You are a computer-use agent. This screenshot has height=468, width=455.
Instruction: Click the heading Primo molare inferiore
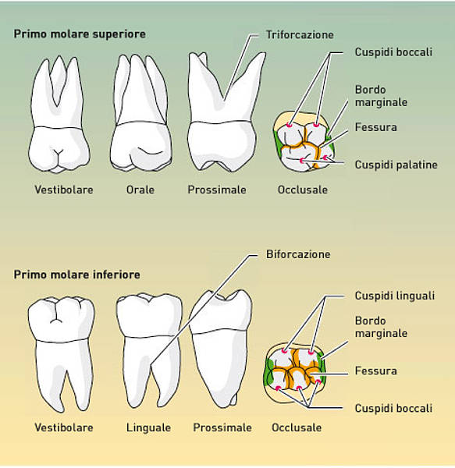76,275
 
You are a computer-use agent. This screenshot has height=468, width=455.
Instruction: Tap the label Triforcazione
298,35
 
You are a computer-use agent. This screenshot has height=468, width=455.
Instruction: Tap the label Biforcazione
298,254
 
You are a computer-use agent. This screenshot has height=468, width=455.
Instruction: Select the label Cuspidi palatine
396,165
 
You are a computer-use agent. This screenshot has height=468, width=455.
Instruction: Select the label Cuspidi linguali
395,296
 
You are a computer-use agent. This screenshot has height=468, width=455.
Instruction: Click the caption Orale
140,190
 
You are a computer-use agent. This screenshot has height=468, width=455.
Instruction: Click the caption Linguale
148,427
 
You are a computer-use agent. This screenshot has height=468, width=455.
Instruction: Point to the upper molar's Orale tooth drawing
140,117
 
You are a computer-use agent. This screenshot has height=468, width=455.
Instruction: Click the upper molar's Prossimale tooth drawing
222,117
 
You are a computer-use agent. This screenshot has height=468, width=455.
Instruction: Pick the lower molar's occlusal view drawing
295,373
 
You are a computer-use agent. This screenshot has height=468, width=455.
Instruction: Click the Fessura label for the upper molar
375,126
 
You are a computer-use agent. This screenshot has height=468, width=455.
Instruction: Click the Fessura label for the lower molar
375,370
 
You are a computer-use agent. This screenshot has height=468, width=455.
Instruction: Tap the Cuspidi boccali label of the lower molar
393,408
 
